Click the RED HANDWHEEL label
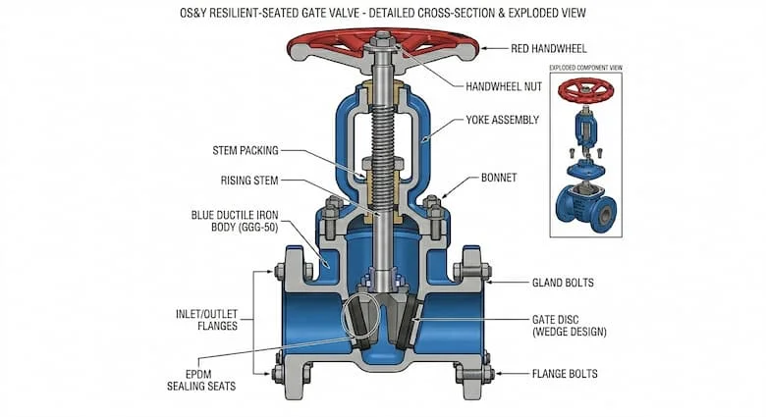549,48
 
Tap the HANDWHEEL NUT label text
504,87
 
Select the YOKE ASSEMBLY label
502,120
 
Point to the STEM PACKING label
246,150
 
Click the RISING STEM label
249,181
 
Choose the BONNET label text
499,178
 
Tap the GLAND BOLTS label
563,283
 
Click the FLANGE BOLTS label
565,374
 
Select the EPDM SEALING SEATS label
201,381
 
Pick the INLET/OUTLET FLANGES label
206,320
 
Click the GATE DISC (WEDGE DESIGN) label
570,326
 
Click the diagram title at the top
383,13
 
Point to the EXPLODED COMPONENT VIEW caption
585,68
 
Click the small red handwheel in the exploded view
585,90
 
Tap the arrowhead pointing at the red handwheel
484,48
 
